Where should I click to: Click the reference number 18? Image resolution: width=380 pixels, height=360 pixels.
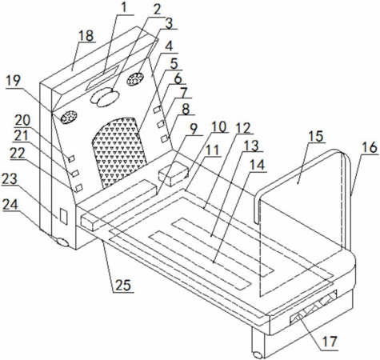[x=86, y=36]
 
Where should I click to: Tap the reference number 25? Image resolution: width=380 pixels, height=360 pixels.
[x=123, y=285]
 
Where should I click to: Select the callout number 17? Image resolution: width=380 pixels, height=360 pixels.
[x=330, y=341]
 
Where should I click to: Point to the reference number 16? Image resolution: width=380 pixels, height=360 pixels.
[x=370, y=147]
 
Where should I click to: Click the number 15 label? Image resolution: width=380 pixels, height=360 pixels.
[x=316, y=135]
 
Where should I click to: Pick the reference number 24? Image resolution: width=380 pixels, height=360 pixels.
[x=10, y=205]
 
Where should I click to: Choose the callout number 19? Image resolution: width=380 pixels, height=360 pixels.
[x=14, y=81]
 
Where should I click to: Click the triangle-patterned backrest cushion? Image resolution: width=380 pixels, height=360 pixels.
[x=119, y=150]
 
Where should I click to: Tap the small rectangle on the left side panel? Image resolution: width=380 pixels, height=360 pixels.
[x=63, y=216]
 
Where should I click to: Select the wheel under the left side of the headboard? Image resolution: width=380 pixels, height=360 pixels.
[x=62, y=242]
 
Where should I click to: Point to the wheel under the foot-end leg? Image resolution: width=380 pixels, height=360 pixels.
[x=257, y=355]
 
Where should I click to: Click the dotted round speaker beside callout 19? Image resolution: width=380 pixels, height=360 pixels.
[x=69, y=117]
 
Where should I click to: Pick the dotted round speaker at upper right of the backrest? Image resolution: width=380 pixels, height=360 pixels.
[x=135, y=79]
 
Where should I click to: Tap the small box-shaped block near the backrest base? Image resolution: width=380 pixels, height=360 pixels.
[x=174, y=174]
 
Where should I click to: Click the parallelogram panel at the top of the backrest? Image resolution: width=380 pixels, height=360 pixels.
[x=102, y=77]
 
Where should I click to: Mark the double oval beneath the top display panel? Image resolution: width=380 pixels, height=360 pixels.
[x=105, y=98]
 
